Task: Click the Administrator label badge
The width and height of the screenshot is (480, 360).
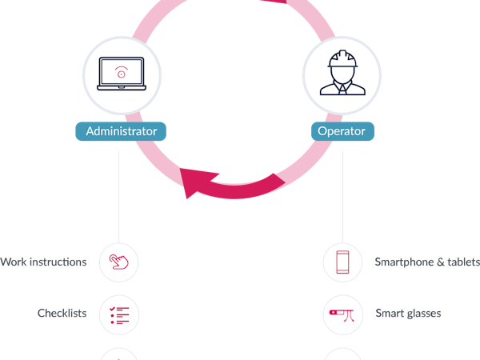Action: click(x=122, y=131)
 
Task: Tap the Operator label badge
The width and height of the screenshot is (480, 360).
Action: click(x=342, y=131)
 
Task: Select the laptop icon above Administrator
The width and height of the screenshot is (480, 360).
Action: click(x=122, y=74)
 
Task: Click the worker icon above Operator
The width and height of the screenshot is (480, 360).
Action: click(x=342, y=74)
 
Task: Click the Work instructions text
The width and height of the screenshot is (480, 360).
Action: click(x=43, y=262)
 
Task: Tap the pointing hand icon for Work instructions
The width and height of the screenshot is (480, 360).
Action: click(x=119, y=262)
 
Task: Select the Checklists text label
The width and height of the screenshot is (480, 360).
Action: click(x=62, y=313)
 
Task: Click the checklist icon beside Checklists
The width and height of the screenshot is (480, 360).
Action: click(x=119, y=313)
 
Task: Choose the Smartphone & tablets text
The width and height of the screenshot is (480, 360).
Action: click(x=426, y=262)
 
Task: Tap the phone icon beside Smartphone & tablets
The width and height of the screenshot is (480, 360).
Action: click(x=343, y=262)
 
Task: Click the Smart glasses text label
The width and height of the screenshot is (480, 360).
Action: click(x=408, y=313)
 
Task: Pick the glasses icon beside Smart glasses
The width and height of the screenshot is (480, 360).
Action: click(x=343, y=313)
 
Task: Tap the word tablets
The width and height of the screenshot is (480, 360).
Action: click(x=461, y=262)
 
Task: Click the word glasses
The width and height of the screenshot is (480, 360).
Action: click(x=424, y=314)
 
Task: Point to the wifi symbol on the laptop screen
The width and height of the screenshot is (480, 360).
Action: click(x=122, y=70)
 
